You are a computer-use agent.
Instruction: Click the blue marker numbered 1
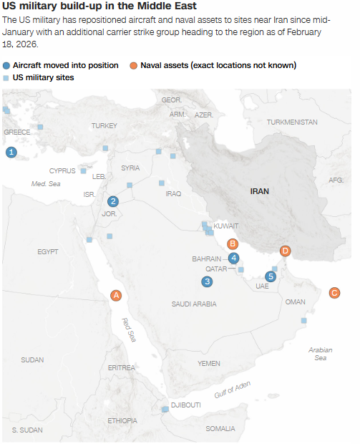[11, 152]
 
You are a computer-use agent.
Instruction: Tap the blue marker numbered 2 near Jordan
[112, 201]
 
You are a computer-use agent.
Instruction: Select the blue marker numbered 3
[207, 281]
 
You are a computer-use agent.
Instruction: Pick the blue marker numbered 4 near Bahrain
[234, 259]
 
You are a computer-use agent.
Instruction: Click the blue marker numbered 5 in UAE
[270, 276]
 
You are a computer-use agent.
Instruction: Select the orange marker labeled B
[232, 243]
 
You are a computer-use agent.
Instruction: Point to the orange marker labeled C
[334, 292]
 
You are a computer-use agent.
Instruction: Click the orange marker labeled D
[286, 251]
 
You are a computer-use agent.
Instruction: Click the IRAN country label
[259, 191]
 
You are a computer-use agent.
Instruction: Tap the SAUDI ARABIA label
[194, 304]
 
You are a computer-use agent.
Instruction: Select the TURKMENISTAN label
[292, 122]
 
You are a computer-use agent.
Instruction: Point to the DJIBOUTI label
[185, 405]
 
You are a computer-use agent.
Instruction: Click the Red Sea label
[129, 331]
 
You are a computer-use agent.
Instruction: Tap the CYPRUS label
[62, 171]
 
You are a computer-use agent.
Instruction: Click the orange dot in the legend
[134, 65]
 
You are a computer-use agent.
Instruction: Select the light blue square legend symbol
[6, 77]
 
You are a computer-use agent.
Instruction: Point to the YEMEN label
[209, 363]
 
